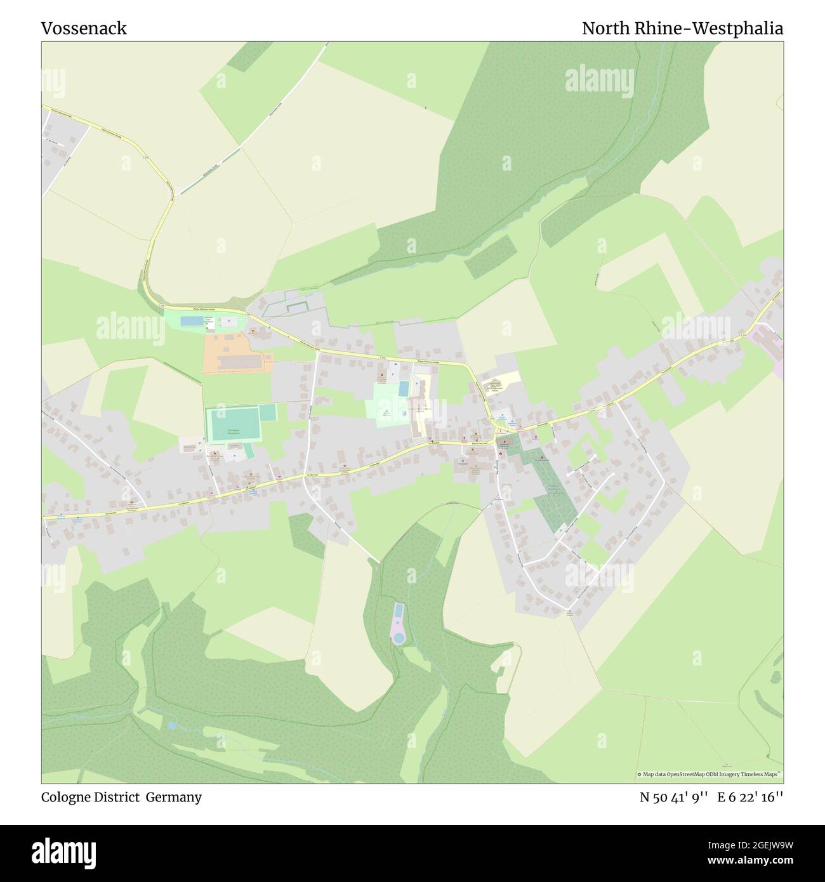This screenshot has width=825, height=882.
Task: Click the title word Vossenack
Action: tap(84, 29)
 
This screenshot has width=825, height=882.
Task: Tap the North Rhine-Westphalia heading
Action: tap(682, 29)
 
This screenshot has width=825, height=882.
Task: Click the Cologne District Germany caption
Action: tap(121, 797)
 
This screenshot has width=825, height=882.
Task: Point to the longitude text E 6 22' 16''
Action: tap(750, 797)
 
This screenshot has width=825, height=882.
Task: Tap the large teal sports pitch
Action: tap(233, 424)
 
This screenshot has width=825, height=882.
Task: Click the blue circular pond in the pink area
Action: tap(397, 636)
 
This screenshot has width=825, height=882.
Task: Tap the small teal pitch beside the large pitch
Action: tap(268, 412)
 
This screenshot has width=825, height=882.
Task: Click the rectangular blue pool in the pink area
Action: tap(398, 612)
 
